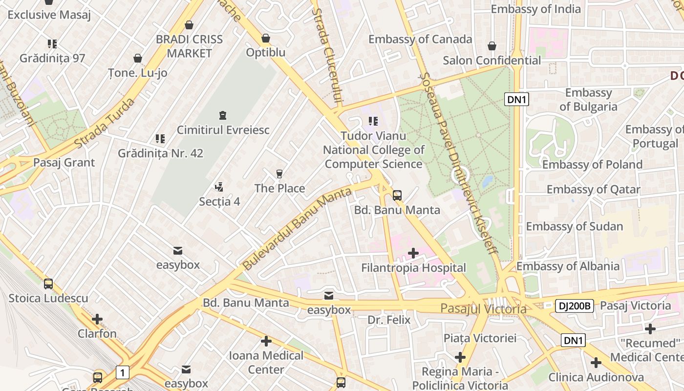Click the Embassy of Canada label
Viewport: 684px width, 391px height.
420,39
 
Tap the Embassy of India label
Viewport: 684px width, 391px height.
535,9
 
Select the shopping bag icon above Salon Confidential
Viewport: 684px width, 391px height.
492,46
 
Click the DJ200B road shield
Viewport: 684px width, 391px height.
574,306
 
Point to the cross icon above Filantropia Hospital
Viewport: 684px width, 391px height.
413,253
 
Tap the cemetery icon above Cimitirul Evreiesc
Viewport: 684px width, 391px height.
223,116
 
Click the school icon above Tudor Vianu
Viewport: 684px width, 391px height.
373,121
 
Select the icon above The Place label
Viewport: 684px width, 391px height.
279,174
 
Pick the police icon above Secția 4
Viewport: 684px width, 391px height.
219,187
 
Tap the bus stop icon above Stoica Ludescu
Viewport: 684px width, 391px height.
48,283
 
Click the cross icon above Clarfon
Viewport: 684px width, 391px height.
97,319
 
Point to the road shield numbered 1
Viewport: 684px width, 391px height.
122,373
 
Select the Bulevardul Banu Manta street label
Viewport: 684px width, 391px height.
297,228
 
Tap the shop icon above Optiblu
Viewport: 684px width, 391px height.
266,38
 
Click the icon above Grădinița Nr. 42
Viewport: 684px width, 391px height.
160,139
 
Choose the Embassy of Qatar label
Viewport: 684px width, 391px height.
593,189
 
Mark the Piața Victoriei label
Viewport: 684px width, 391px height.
480,338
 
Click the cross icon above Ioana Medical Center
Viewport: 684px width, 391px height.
266,341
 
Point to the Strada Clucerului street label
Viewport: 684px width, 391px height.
327,56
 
